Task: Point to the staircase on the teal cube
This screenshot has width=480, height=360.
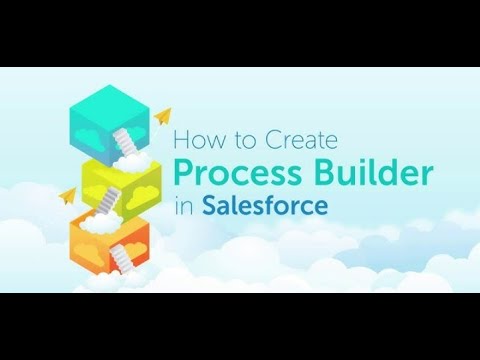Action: (124, 139)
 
